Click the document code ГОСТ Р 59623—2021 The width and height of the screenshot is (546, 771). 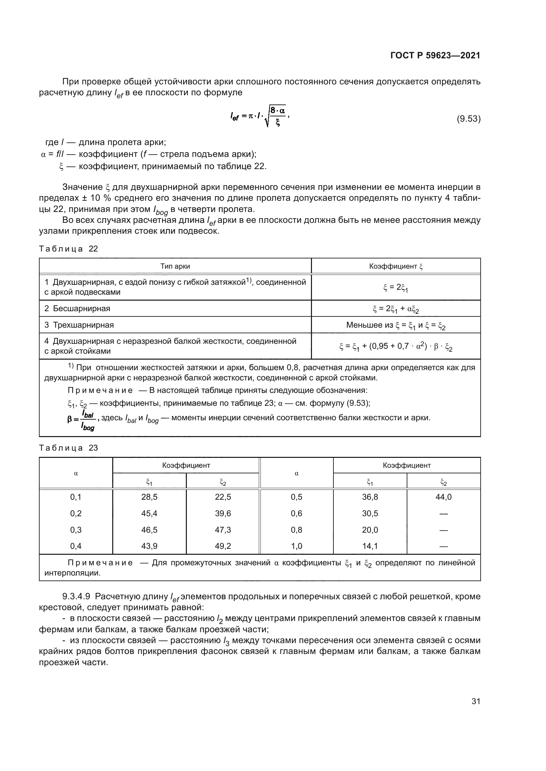tap(435, 56)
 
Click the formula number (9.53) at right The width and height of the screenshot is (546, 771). tap(468, 119)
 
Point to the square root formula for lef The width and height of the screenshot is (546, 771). tap(259, 116)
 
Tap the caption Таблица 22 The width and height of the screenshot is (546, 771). tap(68, 249)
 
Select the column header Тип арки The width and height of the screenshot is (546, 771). tap(175, 266)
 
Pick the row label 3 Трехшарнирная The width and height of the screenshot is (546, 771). tap(79, 325)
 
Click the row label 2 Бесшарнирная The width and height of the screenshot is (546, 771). tap(77, 309)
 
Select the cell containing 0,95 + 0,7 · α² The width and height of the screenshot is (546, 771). tap(396, 346)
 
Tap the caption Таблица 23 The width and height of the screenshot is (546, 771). tap(68, 448)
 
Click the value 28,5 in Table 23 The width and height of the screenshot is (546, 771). tap(149, 497)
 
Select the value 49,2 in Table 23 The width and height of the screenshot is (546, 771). tap(223, 546)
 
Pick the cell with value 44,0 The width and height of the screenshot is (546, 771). tap(443, 497)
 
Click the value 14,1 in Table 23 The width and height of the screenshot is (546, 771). tap(370, 546)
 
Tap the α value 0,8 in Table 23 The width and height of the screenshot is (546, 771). tap(296, 530)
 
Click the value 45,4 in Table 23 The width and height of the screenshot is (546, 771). tap(149, 514)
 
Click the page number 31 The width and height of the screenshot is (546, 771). tap(476, 701)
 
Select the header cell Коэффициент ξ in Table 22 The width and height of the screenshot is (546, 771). tap(396, 266)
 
